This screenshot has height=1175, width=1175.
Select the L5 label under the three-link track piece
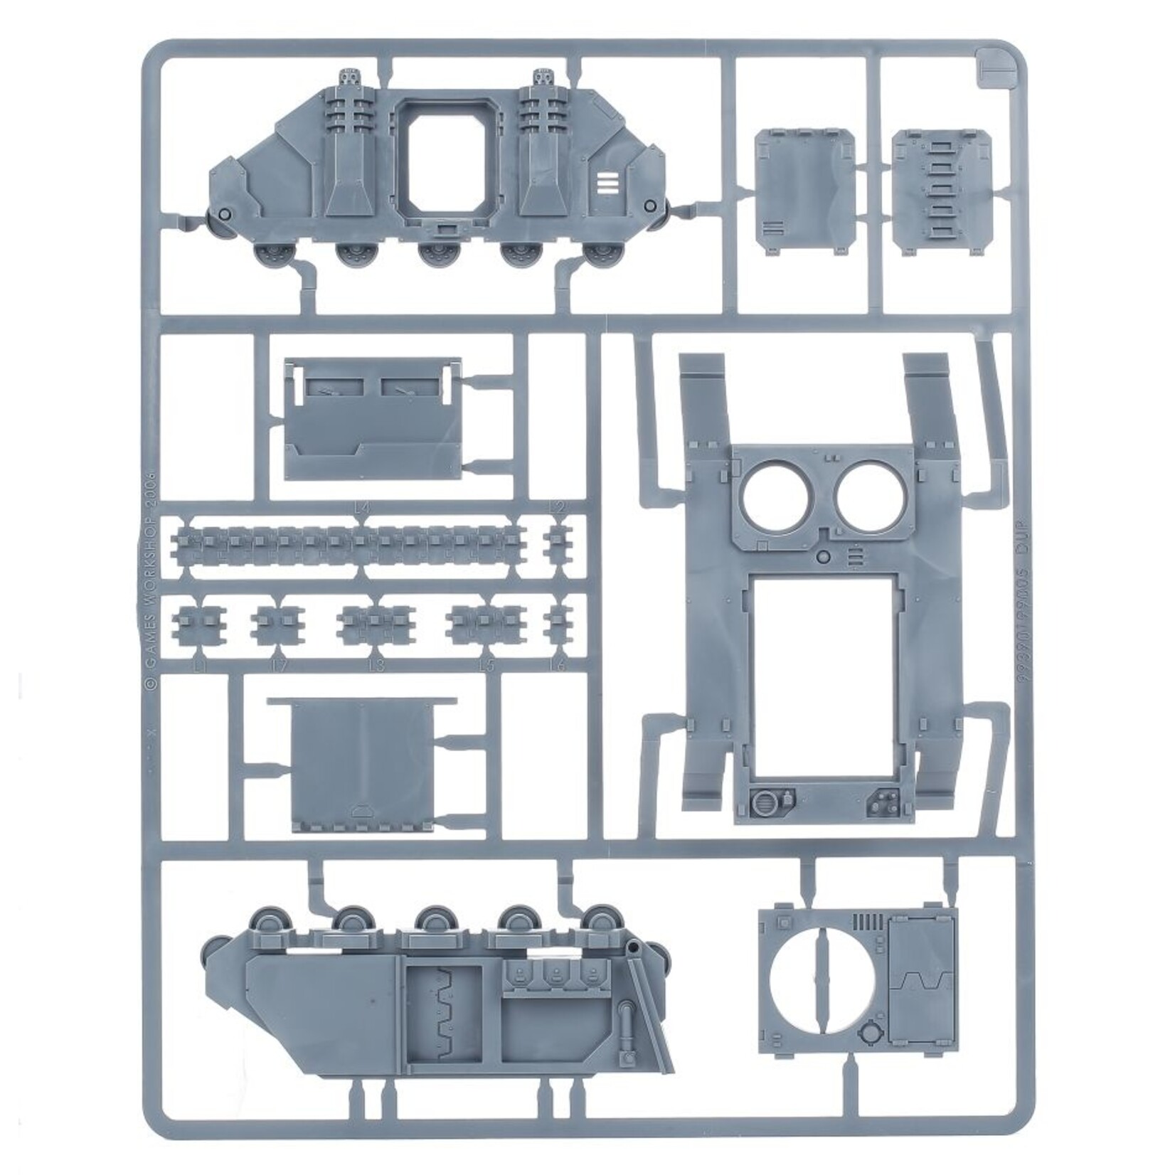[x=486, y=666]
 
